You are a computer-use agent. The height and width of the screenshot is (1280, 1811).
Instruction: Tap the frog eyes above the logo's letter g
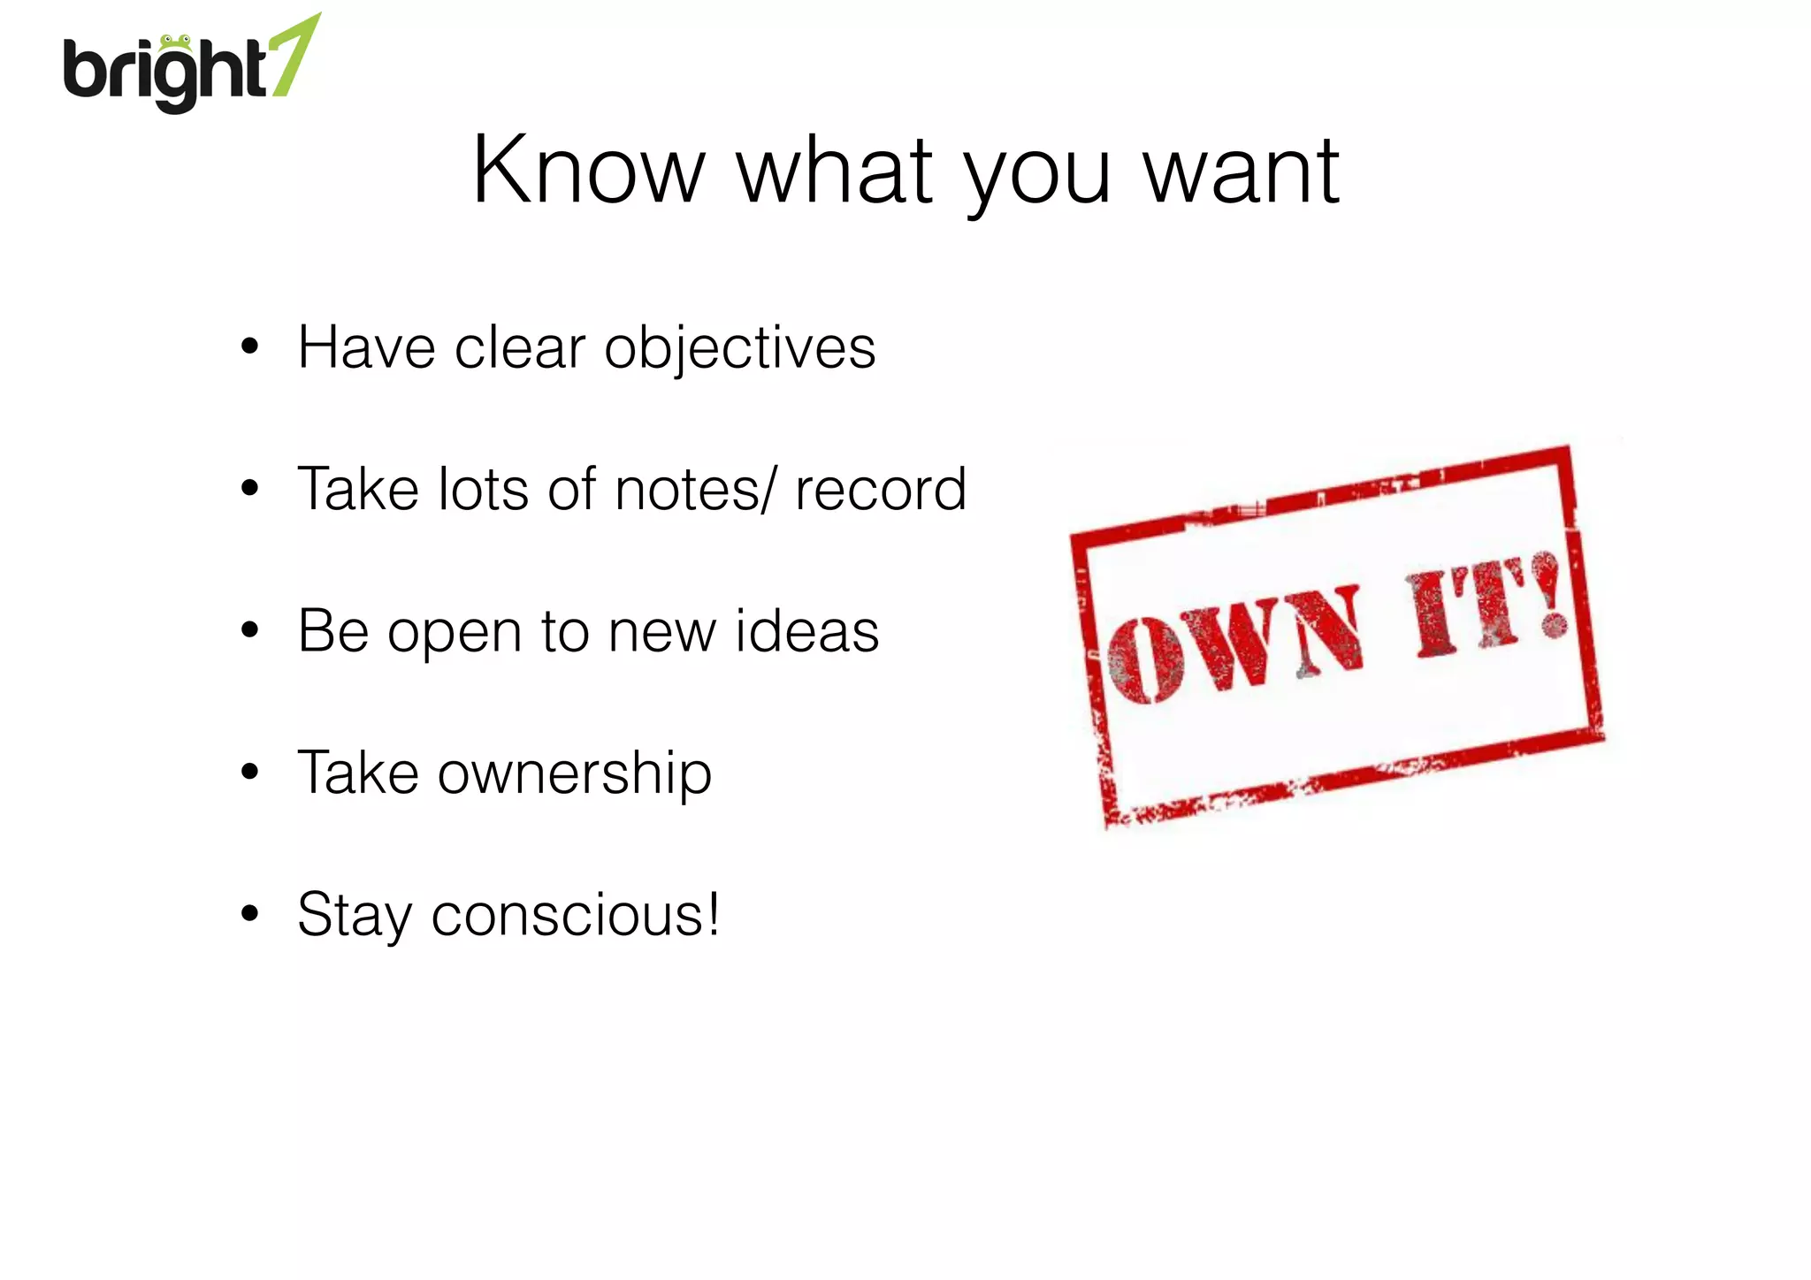coord(175,41)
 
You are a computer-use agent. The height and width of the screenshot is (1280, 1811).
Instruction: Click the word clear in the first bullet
coord(520,347)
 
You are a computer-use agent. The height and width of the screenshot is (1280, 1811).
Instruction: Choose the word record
coord(881,489)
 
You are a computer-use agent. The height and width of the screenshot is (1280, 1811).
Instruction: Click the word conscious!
coord(576,915)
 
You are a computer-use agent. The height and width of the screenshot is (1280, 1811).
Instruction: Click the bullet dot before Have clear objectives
coord(249,347)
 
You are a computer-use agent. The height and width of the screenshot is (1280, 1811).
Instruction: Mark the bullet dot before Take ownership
coord(249,772)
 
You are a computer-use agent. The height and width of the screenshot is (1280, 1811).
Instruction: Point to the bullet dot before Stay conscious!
coord(249,913)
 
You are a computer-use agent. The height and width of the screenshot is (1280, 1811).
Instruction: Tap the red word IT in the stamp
coord(1468,610)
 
